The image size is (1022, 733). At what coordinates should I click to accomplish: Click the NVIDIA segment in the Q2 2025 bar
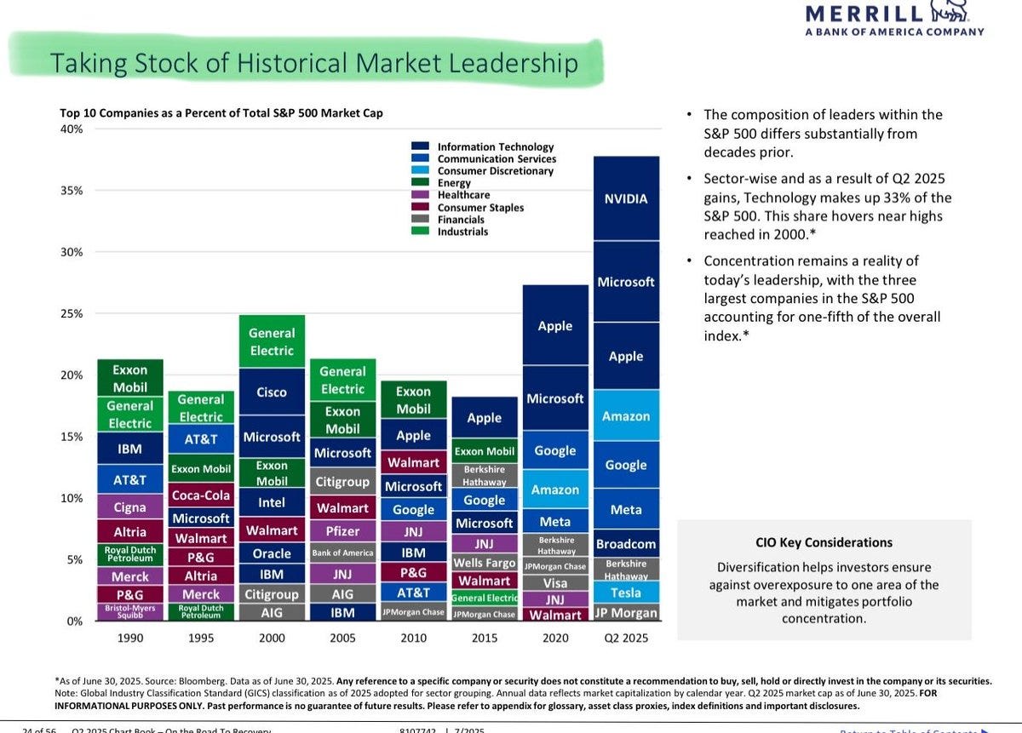pyautogui.click(x=626, y=198)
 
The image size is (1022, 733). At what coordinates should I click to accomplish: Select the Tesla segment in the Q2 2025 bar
pyautogui.click(x=626, y=593)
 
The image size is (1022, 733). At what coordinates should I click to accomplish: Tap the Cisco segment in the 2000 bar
pyautogui.click(x=272, y=392)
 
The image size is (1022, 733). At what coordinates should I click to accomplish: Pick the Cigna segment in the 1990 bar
pyautogui.click(x=130, y=507)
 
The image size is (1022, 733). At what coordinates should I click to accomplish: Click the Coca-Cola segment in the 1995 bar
pyautogui.click(x=201, y=495)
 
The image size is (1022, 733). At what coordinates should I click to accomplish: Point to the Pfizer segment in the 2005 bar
pyautogui.click(x=342, y=531)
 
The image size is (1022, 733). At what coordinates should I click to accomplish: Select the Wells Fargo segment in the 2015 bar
pyautogui.click(x=484, y=563)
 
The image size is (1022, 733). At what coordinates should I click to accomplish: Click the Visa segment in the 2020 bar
pyautogui.click(x=555, y=583)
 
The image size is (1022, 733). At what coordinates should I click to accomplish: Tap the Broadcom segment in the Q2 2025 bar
pyautogui.click(x=626, y=543)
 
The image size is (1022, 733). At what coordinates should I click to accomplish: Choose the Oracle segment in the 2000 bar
pyautogui.click(x=272, y=553)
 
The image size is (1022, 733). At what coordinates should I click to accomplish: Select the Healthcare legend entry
pyautogui.click(x=463, y=195)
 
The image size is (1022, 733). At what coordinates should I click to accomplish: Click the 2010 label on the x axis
pyautogui.click(x=413, y=638)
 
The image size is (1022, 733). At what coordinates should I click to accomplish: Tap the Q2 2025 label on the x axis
pyautogui.click(x=626, y=638)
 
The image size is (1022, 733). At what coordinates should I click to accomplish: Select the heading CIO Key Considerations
pyautogui.click(x=824, y=542)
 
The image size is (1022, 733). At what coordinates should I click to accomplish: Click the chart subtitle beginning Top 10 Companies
pyautogui.click(x=221, y=112)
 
